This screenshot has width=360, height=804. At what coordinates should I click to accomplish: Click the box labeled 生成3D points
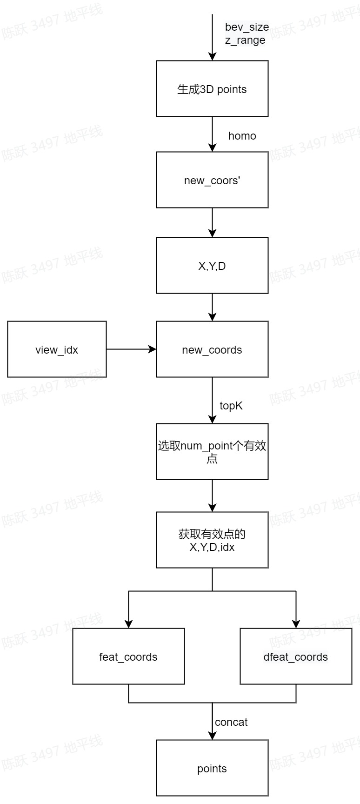212,88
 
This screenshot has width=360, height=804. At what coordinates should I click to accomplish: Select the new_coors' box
212,180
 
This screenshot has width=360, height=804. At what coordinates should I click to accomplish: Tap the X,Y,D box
212,265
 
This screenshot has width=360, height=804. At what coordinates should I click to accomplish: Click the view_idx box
57,349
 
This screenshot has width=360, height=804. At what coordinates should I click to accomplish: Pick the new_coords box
212,349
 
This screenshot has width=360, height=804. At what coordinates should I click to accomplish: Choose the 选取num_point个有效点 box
212,451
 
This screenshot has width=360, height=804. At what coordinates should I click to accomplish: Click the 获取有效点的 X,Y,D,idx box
212,540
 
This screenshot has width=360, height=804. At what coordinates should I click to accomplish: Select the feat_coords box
128,656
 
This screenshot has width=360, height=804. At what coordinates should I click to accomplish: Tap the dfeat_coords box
296,656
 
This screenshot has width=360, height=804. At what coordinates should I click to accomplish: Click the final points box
212,768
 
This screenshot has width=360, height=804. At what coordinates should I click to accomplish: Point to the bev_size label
247,27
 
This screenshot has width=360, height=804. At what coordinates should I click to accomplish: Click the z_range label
245,40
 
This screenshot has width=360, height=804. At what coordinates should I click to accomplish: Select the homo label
242,136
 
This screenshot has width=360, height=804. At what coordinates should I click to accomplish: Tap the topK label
231,406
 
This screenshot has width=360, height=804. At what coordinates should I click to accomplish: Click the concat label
231,722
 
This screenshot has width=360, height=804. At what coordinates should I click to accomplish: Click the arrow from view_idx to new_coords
131,349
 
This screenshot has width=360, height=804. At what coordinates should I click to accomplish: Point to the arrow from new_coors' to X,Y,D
212,222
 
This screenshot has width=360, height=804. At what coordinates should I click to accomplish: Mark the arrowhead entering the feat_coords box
129,623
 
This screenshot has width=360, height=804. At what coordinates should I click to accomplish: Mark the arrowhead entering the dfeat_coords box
296,623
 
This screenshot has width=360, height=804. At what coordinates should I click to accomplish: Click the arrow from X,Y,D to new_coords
212,307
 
